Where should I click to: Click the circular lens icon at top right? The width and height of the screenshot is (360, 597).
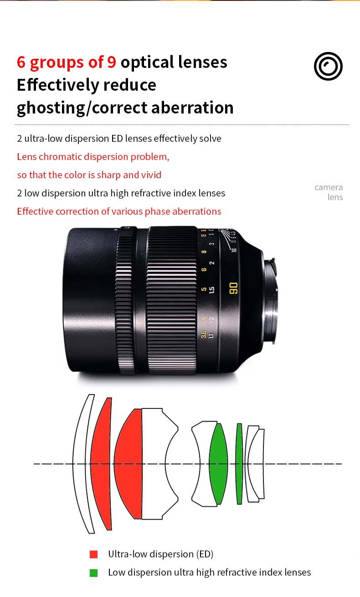click(x=328, y=67)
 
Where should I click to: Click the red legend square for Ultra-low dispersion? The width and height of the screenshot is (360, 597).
click(x=94, y=554)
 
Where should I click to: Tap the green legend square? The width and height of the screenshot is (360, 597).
click(x=94, y=573)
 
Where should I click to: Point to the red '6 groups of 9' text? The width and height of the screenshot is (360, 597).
click(x=67, y=62)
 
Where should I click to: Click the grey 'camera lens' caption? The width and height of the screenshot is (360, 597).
click(x=329, y=192)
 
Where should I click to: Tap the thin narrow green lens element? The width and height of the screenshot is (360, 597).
click(x=239, y=463)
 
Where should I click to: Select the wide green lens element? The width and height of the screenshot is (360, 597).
click(x=219, y=463)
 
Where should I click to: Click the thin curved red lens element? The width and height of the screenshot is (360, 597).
click(x=101, y=463)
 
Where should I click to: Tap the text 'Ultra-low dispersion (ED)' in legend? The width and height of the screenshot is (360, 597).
click(x=160, y=554)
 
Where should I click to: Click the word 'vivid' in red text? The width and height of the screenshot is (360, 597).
click(x=151, y=175)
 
